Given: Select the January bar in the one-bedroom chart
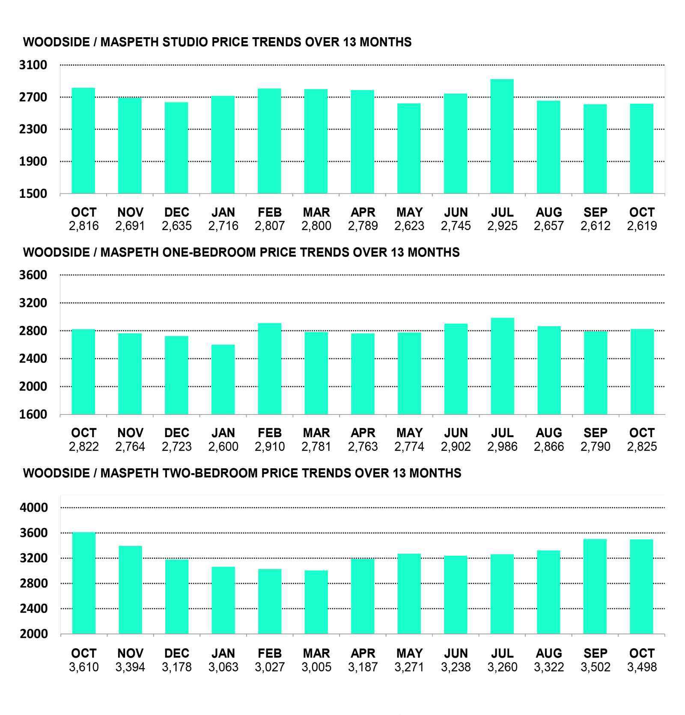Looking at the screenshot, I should (x=223, y=379).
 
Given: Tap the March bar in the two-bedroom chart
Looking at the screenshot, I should (x=316, y=602).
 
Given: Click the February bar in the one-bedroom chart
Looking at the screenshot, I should (x=270, y=369).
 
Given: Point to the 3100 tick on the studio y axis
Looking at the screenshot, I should (x=33, y=65).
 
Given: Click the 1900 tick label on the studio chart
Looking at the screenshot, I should (x=33, y=161).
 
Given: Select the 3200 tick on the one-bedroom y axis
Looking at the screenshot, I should (x=33, y=303).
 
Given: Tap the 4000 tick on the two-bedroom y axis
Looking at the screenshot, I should (x=33, y=508).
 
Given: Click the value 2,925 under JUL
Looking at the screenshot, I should (x=502, y=226).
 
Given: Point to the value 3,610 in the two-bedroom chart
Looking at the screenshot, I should (x=83, y=667).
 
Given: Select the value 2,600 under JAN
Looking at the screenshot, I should (x=223, y=447).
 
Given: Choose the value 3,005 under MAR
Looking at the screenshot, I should (x=316, y=667).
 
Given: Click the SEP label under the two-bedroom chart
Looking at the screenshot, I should (x=595, y=653).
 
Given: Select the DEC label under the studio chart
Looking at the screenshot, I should (x=176, y=212).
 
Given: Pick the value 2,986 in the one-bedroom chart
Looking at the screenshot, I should (x=502, y=447).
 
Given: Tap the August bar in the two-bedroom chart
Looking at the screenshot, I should (x=548, y=592).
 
